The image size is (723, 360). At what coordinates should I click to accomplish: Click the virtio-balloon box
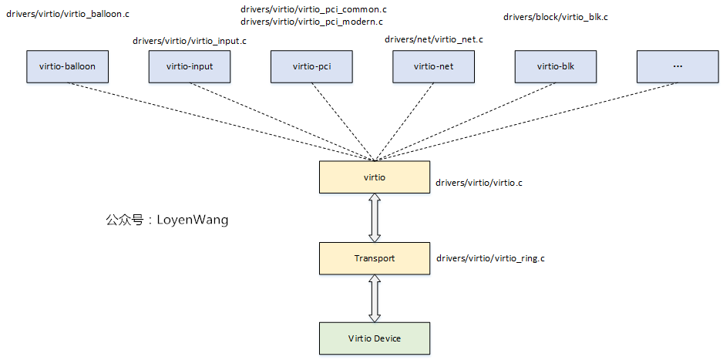click(x=67, y=66)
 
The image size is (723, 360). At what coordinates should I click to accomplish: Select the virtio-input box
click(x=190, y=66)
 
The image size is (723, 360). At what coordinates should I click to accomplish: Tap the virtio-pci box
click(x=311, y=66)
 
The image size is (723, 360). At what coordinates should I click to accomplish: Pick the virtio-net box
click(x=433, y=66)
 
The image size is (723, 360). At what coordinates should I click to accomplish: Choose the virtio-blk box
click(x=556, y=66)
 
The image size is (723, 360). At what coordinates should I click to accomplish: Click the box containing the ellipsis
click(x=678, y=66)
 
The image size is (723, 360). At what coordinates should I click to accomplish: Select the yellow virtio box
click(x=375, y=177)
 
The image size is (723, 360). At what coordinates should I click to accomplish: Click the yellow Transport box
click(x=375, y=258)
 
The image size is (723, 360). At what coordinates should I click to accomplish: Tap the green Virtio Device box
click(x=375, y=338)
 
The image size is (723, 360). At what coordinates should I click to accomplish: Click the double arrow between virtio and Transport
click(x=375, y=217)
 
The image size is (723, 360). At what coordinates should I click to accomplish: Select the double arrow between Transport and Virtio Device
click(x=375, y=298)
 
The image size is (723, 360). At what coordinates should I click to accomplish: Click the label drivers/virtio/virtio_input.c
click(x=190, y=41)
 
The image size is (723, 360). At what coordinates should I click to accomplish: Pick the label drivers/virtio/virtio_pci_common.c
click(x=314, y=9)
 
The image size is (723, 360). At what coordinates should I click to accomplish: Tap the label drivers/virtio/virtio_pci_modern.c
click(x=312, y=22)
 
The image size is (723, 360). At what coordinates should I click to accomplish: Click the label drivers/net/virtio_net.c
click(x=434, y=39)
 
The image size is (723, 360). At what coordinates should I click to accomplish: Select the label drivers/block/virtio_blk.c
click(x=556, y=16)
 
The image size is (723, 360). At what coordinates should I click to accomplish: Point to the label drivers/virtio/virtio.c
click(x=479, y=183)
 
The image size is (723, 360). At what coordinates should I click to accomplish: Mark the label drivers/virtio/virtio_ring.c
click(x=491, y=258)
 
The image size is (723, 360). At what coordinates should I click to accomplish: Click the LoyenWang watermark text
click(x=166, y=220)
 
